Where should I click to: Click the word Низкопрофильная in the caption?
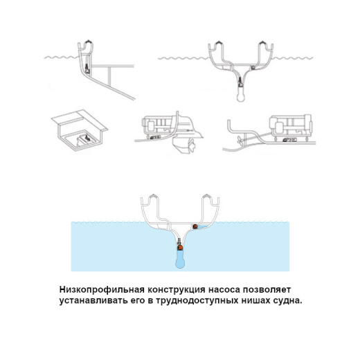tap(102, 289)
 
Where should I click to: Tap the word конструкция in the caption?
tap(177, 289)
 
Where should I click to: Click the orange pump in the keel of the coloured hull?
tap(180, 248)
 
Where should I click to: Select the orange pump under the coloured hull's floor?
tap(195, 226)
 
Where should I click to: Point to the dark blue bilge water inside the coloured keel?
tap(180, 260)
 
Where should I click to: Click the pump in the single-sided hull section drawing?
tap(87, 69)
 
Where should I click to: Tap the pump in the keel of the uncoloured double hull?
tap(240, 82)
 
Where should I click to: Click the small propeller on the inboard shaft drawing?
tap(239, 140)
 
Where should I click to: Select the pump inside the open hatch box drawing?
tap(87, 138)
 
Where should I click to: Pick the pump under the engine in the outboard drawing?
tap(154, 137)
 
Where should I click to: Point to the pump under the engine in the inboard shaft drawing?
tap(290, 139)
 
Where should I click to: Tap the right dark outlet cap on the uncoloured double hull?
tap(262, 44)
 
